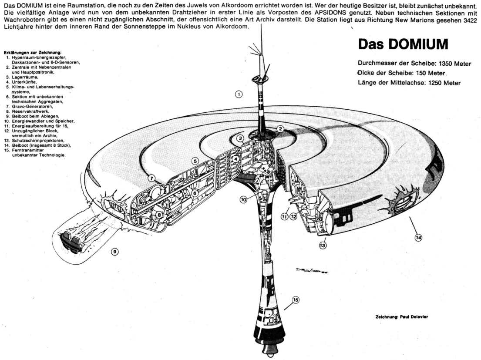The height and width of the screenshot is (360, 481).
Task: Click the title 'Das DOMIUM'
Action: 403,45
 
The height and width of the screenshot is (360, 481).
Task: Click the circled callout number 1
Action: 239,94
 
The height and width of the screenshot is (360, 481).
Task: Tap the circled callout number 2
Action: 281,129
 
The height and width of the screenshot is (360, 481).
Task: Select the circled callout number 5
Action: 195,161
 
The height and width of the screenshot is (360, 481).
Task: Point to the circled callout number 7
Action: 151,178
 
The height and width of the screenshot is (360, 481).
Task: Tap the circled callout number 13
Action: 323,246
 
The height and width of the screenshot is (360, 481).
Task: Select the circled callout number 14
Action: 418,237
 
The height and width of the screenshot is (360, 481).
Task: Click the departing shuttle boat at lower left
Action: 70,241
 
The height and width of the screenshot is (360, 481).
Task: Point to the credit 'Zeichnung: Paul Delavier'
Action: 401,317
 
